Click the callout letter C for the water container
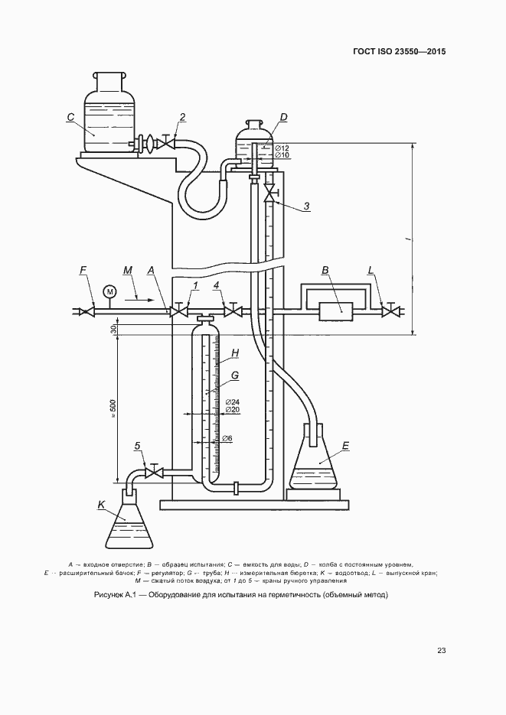(70, 118)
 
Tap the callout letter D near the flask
(283, 117)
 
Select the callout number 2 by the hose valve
(182, 117)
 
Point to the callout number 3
(306, 206)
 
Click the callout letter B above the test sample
(325, 270)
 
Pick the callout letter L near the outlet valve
(371, 270)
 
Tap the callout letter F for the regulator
(83, 270)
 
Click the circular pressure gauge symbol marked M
(109, 291)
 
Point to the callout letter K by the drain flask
(101, 504)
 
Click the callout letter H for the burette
(235, 353)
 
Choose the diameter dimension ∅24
(233, 402)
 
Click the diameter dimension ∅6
(227, 439)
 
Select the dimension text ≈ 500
(113, 409)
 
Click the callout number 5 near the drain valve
(138, 445)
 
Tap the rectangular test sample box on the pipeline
(335, 311)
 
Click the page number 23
(441, 651)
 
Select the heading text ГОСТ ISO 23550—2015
(399, 52)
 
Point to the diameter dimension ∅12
(281, 148)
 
